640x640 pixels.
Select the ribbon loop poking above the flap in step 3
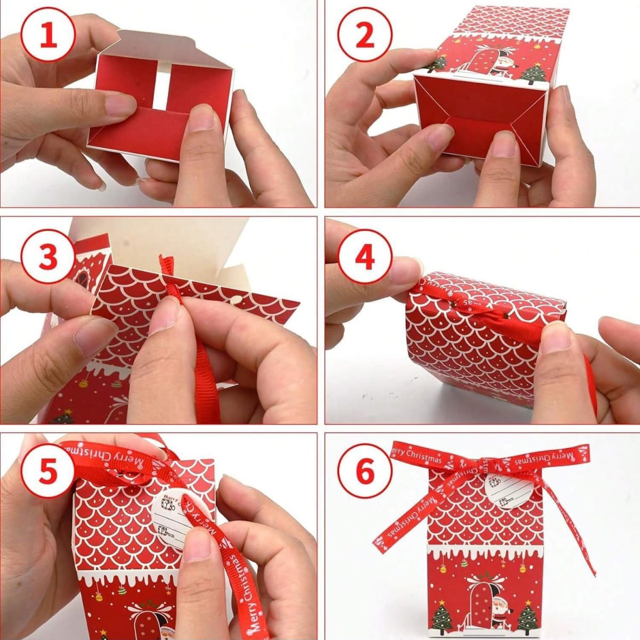click(167, 265)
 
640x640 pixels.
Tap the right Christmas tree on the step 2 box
click(534, 73)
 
